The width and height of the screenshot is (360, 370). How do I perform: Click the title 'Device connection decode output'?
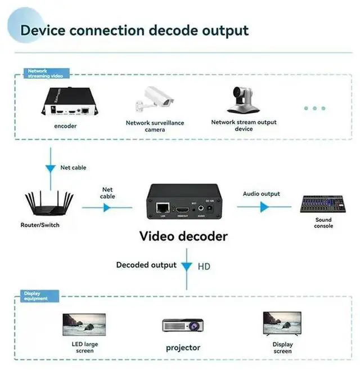pos(134,29)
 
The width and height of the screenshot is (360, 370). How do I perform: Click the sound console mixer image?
pos(323,203)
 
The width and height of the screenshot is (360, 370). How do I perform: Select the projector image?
pos(182,325)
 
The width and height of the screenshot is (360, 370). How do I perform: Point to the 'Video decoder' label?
pos(183,236)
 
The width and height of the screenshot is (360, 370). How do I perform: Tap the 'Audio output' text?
pos(261,194)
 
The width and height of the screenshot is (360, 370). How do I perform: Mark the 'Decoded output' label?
pos(146,265)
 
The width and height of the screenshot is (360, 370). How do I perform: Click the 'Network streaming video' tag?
pos(45,73)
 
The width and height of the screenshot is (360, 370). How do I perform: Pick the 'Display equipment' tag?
pos(35,296)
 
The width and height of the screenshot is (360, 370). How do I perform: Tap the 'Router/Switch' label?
pos(39,225)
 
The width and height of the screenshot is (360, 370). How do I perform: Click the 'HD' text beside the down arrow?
pos(204,266)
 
